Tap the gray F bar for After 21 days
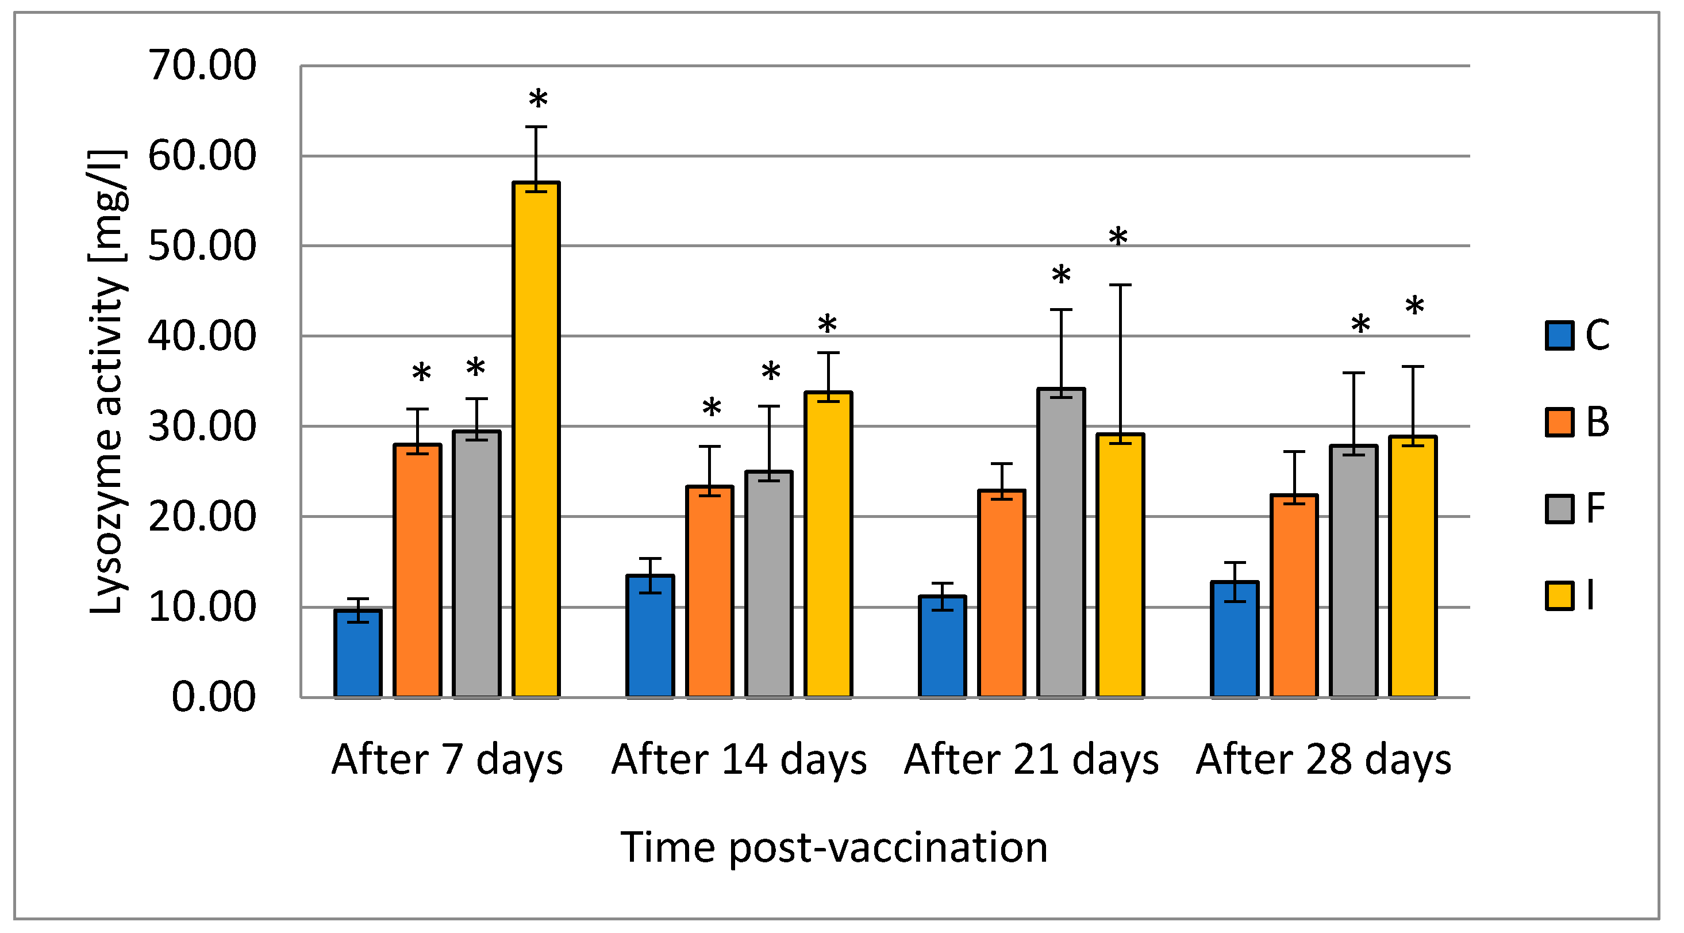[1061, 543]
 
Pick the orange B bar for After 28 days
[1294, 596]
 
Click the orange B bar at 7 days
[418, 571]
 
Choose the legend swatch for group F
[1559, 509]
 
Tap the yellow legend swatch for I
[1559, 596]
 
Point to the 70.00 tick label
[202, 66]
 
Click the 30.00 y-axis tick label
[202, 427]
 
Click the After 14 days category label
[739, 760]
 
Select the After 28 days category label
[1323, 760]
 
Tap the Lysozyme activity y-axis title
[106, 382]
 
